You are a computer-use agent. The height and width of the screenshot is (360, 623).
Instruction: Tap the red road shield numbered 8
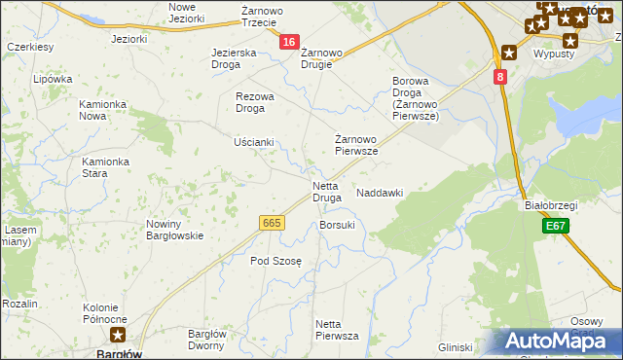(499, 76)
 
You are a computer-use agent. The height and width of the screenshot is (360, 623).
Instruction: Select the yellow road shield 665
(272, 223)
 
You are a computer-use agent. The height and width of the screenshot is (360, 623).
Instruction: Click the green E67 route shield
(555, 226)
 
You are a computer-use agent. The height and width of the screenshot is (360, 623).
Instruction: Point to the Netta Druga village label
(326, 192)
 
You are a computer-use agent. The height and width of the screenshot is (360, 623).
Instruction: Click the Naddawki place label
(380, 194)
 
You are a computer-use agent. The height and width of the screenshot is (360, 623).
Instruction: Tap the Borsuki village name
(337, 225)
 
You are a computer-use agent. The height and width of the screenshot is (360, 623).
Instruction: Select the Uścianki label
(254, 142)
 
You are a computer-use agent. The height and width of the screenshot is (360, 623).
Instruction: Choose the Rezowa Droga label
(256, 102)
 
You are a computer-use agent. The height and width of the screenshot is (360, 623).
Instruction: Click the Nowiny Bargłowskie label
(174, 230)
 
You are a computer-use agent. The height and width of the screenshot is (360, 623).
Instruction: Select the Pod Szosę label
(276, 261)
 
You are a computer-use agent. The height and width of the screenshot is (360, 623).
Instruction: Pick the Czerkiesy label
(29, 46)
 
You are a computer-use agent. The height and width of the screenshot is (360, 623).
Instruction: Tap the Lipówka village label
(53, 79)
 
